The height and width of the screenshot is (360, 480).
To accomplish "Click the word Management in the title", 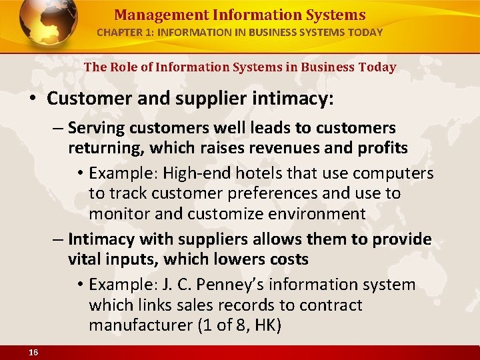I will tap(151, 15).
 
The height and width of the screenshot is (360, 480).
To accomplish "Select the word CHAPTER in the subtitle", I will tap(117, 32).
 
